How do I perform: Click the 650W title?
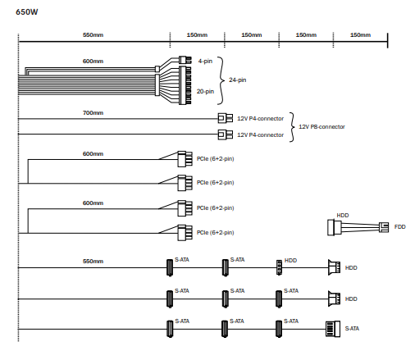[x=27, y=12]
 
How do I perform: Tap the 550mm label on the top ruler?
[x=93, y=35]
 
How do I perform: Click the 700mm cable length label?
[x=93, y=113]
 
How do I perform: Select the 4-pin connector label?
[x=205, y=61]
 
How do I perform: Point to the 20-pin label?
[x=205, y=91]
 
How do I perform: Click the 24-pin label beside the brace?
[x=238, y=80]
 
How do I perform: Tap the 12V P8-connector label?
[x=322, y=127]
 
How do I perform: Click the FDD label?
[x=399, y=227]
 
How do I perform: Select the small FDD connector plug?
[x=384, y=227]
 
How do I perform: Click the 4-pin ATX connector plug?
[x=185, y=60]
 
